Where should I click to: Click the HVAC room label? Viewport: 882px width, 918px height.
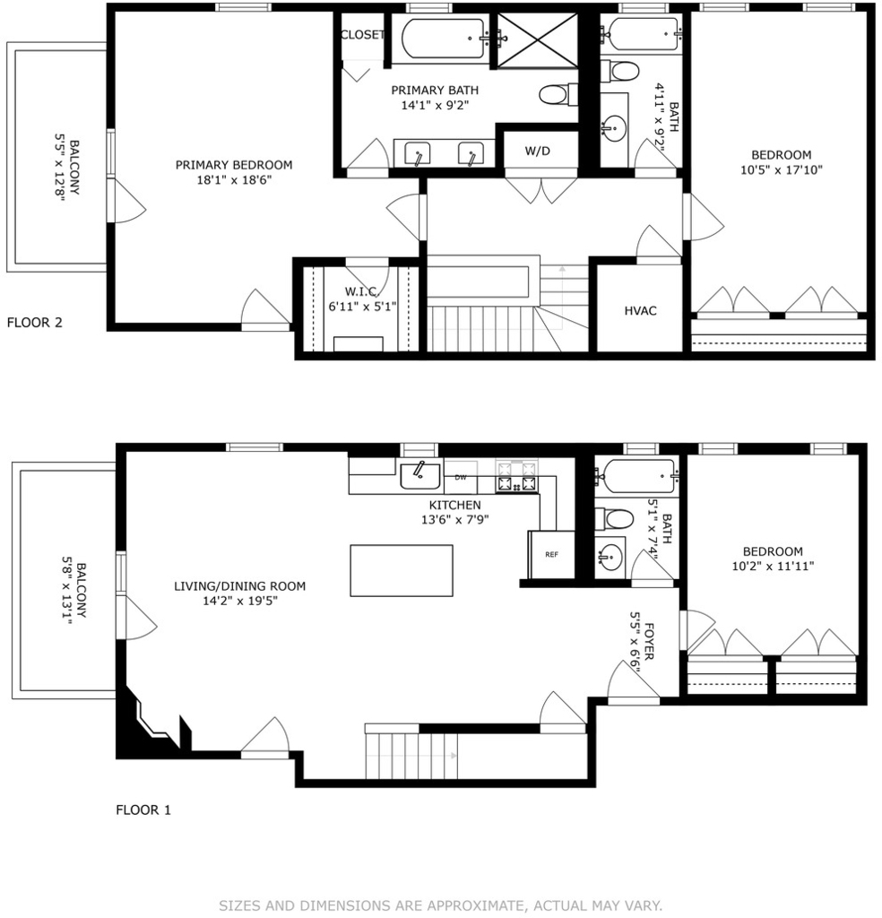pyautogui.click(x=640, y=311)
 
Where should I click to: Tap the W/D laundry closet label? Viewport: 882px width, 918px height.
pyautogui.click(x=537, y=151)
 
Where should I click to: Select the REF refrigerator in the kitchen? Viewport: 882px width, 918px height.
pyautogui.click(x=551, y=554)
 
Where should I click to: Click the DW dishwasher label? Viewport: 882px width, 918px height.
pyautogui.click(x=461, y=477)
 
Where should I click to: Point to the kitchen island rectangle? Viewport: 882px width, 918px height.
pyautogui.click(x=402, y=571)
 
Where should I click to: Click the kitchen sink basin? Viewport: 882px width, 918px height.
pyautogui.click(x=419, y=475)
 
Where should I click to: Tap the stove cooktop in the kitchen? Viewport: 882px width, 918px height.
pyautogui.click(x=516, y=476)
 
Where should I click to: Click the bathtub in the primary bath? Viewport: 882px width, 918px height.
pyautogui.click(x=443, y=39)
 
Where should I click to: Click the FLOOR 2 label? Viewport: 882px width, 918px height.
pyautogui.click(x=35, y=323)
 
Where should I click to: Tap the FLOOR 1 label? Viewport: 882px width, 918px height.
pyautogui.click(x=143, y=810)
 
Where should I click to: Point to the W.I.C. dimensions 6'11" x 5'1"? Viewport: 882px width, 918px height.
pyautogui.click(x=362, y=307)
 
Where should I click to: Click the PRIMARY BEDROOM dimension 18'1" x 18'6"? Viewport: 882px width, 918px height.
pyautogui.click(x=234, y=179)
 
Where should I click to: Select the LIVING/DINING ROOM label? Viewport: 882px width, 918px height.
pyautogui.click(x=240, y=586)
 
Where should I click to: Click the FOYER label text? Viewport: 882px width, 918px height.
pyautogui.click(x=649, y=642)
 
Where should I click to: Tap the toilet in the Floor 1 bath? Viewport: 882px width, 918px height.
pyautogui.click(x=615, y=519)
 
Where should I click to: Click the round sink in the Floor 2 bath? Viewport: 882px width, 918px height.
pyautogui.click(x=614, y=127)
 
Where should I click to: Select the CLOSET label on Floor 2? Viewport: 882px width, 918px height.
pyautogui.click(x=362, y=35)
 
